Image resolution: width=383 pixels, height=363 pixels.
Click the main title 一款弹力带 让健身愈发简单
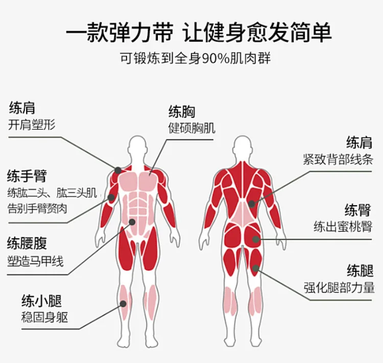click(x=199, y=32)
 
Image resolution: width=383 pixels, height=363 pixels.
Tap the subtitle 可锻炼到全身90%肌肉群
click(x=196, y=59)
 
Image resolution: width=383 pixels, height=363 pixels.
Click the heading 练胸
click(x=182, y=112)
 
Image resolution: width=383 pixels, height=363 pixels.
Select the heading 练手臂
click(x=27, y=176)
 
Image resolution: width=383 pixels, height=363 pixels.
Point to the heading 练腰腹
click(x=27, y=243)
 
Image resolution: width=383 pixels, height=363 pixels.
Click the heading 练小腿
click(x=41, y=301)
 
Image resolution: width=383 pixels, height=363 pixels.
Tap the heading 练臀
click(x=358, y=210)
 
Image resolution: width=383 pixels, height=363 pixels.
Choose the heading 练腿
click(x=361, y=271)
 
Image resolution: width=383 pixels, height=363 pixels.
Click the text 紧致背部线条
click(x=338, y=159)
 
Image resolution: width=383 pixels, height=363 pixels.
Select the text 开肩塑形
click(x=32, y=125)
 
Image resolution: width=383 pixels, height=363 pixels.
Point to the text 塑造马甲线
click(x=35, y=261)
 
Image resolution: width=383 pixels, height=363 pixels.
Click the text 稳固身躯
click(x=44, y=318)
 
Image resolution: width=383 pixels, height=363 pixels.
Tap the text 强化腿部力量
click(x=339, y=287)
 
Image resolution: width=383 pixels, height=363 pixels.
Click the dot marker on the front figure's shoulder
click(x=118, y=170)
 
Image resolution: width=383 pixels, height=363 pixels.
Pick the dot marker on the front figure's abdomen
click(x=132, y=222)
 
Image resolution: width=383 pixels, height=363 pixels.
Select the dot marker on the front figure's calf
click(x=124, y=304)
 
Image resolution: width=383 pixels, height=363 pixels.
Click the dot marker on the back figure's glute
click(x=256, y=239)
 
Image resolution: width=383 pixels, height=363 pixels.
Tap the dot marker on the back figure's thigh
click(x=255, y=269)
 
